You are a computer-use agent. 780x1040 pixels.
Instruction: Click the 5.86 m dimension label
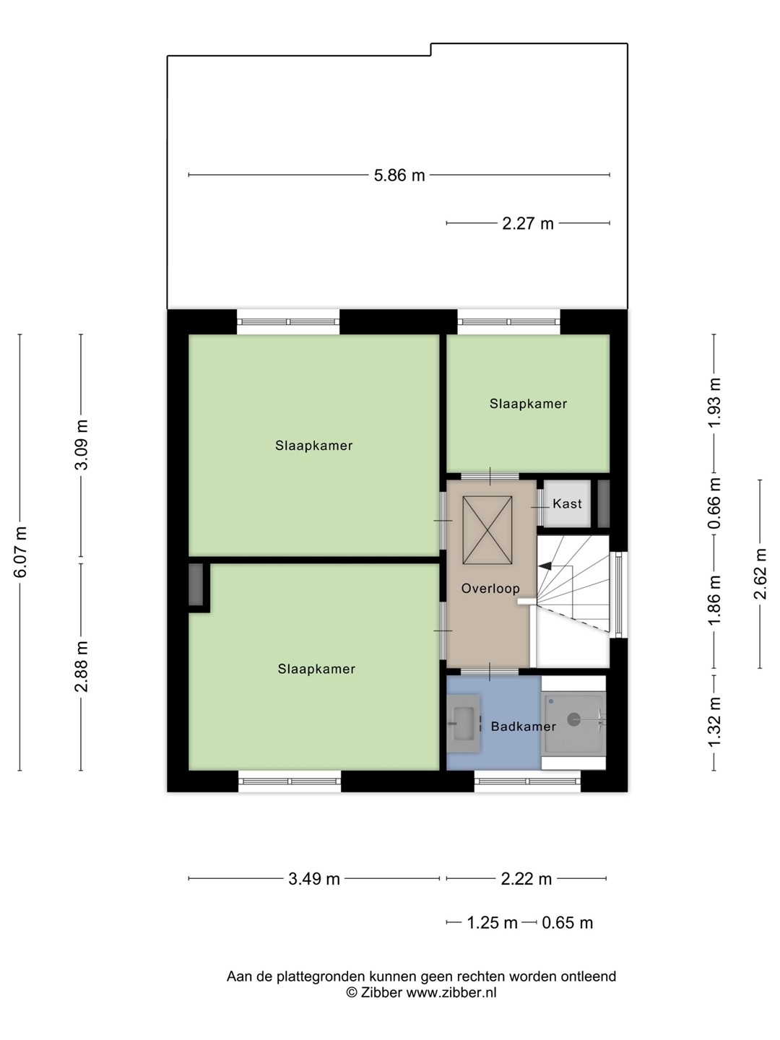click(399, 175)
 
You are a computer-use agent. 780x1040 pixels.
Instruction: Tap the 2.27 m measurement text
click(527, 224)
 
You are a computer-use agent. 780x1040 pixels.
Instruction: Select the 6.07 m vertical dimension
click(21, 552)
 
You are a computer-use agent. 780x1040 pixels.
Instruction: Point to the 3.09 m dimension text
click(82, 444)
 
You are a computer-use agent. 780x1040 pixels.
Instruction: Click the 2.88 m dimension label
click(82, 667)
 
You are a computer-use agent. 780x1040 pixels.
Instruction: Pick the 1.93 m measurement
click(715, 402)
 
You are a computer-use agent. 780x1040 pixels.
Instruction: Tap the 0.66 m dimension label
click(715, 503)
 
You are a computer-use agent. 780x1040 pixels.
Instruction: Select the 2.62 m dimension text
click(760, 573)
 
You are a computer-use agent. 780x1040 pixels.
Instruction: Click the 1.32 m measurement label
click(715, 721)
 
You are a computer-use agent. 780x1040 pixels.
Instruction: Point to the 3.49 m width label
click(314, 880)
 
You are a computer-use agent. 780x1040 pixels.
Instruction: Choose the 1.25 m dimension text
click(492, 923)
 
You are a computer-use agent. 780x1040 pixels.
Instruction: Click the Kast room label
click(567, 503)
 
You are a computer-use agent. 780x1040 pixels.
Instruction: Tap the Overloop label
click(490, 589)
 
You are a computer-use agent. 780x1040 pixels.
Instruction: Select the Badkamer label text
click(524, 727)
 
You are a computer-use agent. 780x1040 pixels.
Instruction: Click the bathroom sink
click(464, 724)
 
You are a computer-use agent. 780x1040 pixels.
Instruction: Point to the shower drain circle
click(573, 720)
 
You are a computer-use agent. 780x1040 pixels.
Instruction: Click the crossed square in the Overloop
click(487, 530)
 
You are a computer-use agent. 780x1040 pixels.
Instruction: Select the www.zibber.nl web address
click(451, 992)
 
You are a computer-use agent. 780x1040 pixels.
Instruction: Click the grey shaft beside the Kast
click(603, 503)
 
